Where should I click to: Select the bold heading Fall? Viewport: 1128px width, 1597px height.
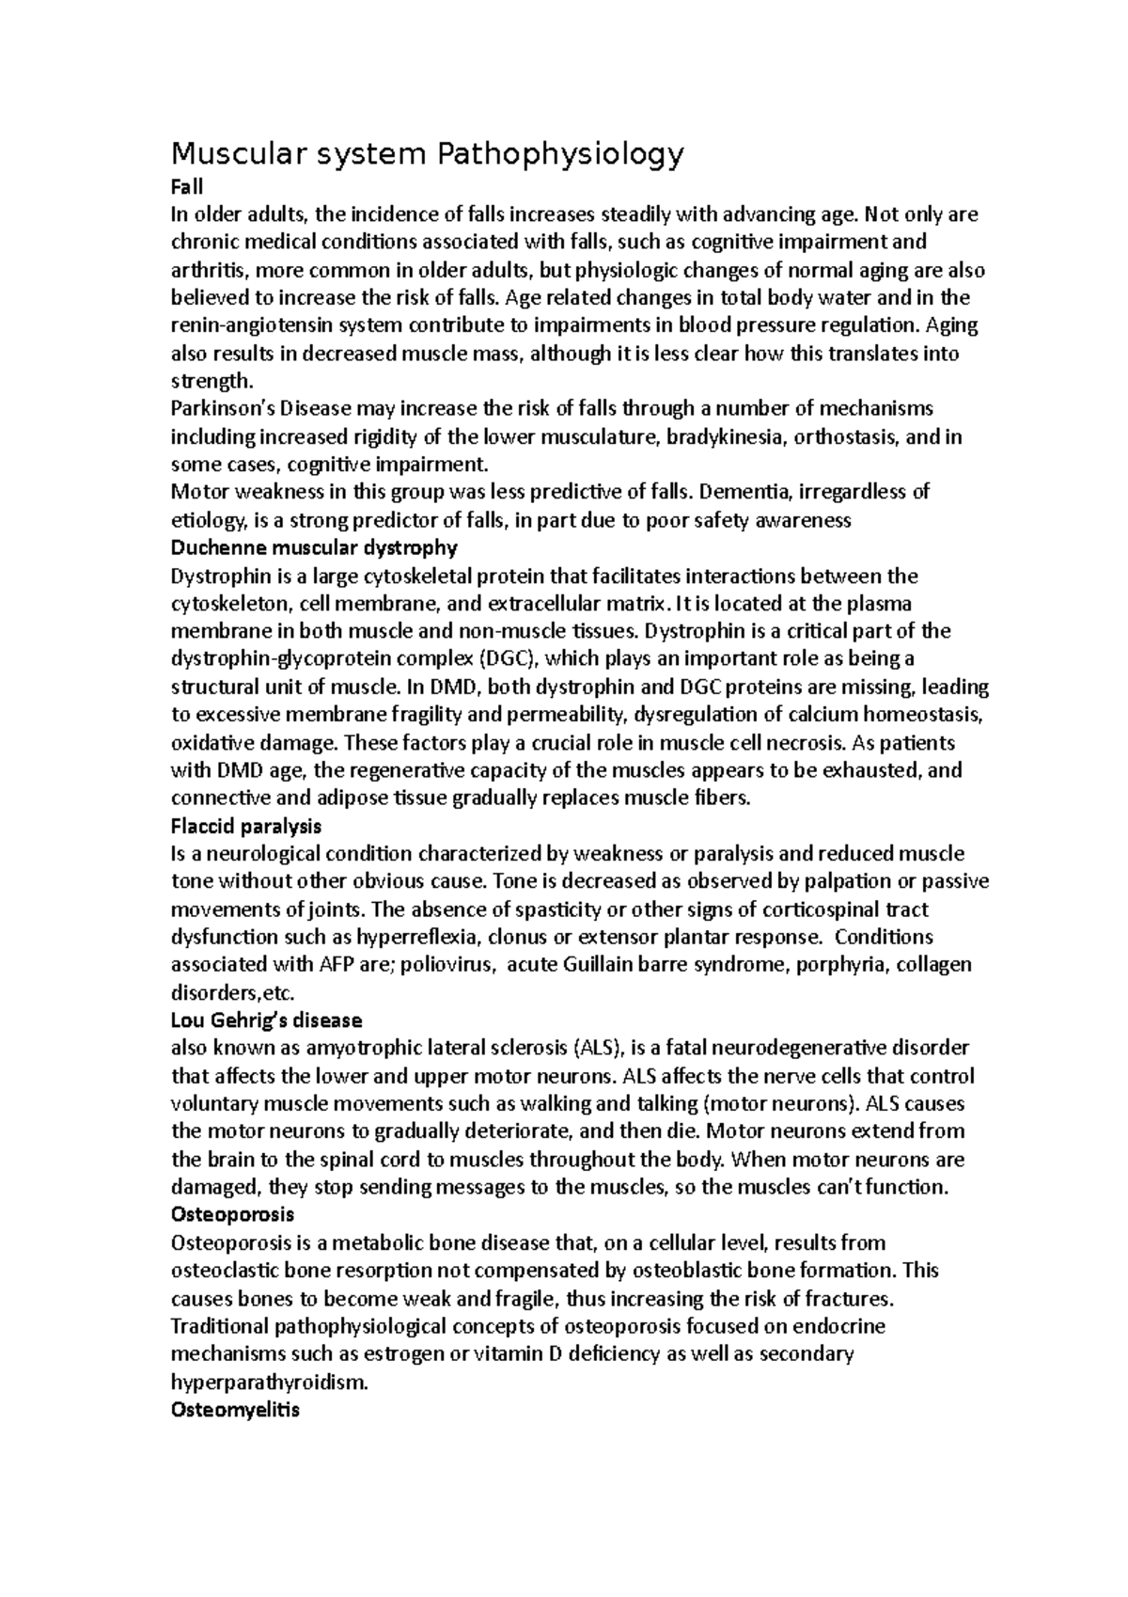[186, 187]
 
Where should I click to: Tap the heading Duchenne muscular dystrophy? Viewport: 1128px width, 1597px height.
[314, 547]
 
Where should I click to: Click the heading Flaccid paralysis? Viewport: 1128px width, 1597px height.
[246, 826]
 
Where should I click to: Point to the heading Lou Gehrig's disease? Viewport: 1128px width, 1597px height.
[266, 1020]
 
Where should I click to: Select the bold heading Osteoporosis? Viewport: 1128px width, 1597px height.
[232, 1215]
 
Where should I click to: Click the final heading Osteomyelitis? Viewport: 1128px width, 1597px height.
[235, 1410]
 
